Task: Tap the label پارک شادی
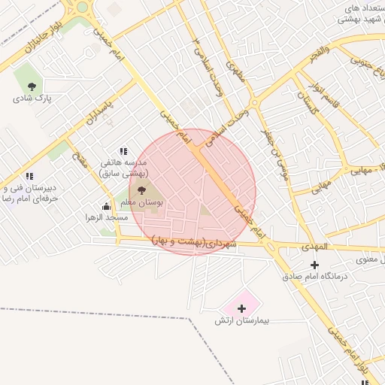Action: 31,98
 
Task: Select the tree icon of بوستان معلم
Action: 142,190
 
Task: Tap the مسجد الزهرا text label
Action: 106,217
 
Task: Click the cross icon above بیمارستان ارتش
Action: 241,308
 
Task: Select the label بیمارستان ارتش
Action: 241,321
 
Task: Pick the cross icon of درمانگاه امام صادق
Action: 314,265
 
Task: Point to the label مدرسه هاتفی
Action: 129,162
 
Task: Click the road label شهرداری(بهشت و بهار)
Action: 194,241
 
